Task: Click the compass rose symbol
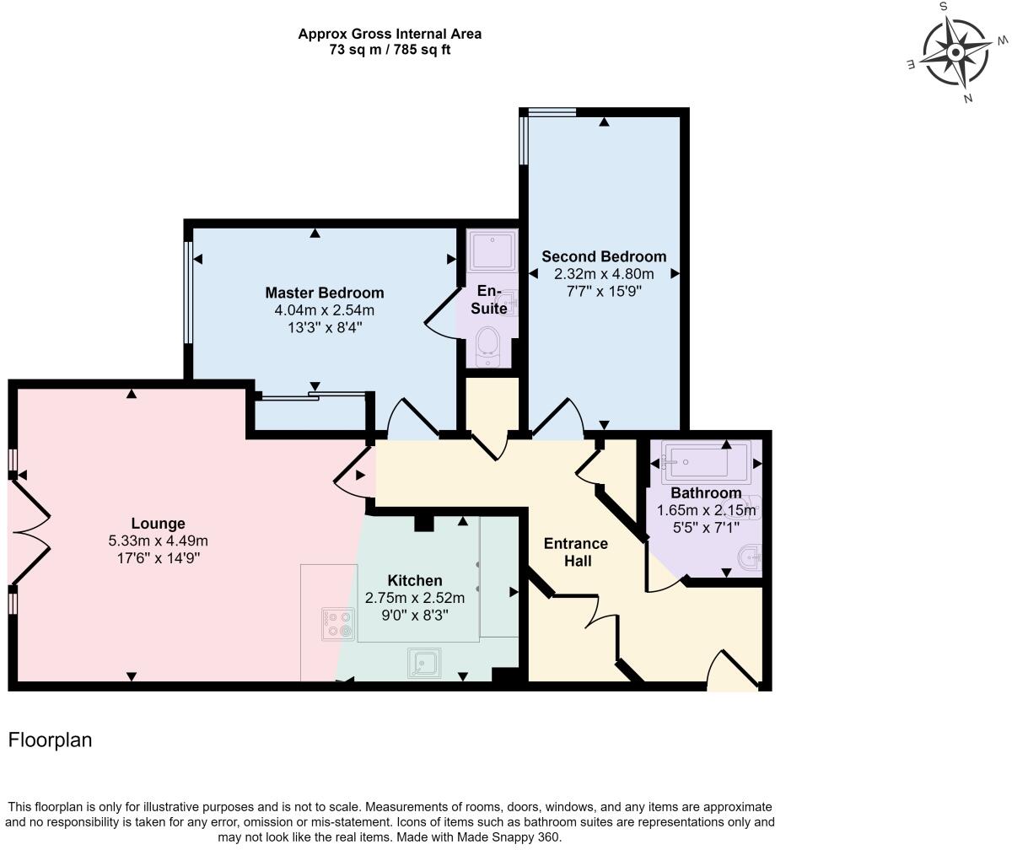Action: pyautogui.click(x=955, y=52)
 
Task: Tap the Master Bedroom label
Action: pyautogui.click(x=324, y=293)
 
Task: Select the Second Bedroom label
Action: pyautogui.click(x=604, y=256)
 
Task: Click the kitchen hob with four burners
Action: pyautogui.click(x=338, y=625)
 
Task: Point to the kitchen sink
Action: pyautogui.click(x=424, y=663)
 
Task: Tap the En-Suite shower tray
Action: pyautogui.click(x=492, y=250)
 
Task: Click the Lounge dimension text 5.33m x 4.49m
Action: pyautogui.click(x=158, y=541)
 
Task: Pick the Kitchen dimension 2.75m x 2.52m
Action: pyautogui.click(x=415, y=598)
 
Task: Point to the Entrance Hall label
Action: pyautogui.click(x=576, y=552)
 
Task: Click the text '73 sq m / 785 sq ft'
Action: pyautogui.click(x=390, y=50)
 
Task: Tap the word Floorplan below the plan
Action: pyautogui.click(x=50, y=740)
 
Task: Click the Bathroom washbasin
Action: pyautogui.click(x=750, y=557)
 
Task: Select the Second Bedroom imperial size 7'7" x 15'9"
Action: pyautogui.click(x=604, y=291)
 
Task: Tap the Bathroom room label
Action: pyautogui.click(x=706, y=492)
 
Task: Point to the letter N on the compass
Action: pyautogui.click(x=968, y=99)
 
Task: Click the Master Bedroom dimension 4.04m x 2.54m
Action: pyautogui.click(x=324, y=310)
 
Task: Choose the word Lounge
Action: pyautogui.click(x=158, y=524)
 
